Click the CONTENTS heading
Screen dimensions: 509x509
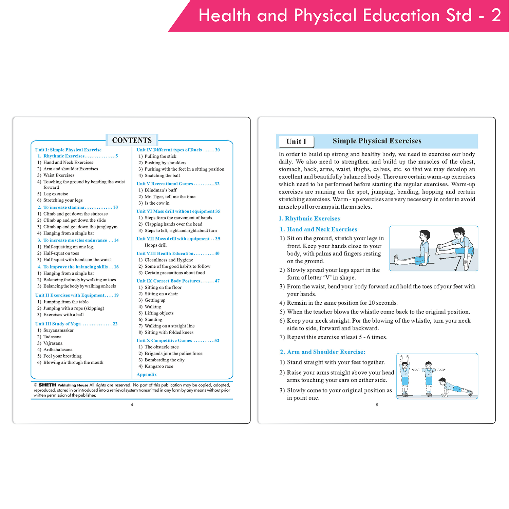pyautogui.click(x=132, y=140)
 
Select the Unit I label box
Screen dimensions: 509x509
pyautogui.click(x=296, y=142)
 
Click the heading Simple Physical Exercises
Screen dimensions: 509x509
pyautogui.click(x=377, y=141)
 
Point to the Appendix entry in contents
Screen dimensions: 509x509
pyautogui.click(x=147, y=375)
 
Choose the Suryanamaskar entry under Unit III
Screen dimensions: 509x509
pyautogui.click(x=58, y=330)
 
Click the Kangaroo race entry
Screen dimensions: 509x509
pyautogui.click(x=159, y=366)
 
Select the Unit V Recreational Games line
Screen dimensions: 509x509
pyautogui.click(x=178, y=184)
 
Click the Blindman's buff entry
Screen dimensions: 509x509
pyautogui.click(x=161, y=190)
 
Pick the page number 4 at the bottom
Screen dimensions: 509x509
pyautogui.click(x=132, y=404)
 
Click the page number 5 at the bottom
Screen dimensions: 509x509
pyautogui.click(x=377, y=405)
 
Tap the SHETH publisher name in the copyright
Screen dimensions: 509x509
pyautogui.click(x=47, y=385)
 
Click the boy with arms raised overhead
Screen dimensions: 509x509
pyautogui.click(x=404, y=375)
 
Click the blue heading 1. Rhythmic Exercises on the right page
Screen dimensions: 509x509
pyautogui.click(x=309, y=219)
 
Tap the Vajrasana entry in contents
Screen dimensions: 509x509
pyautogui.click(x=53, y=343)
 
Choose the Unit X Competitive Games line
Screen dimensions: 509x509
pyautogui.click(x=178, y=340)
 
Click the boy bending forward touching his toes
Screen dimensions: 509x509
pyautogui.click(x=455, y=248)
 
